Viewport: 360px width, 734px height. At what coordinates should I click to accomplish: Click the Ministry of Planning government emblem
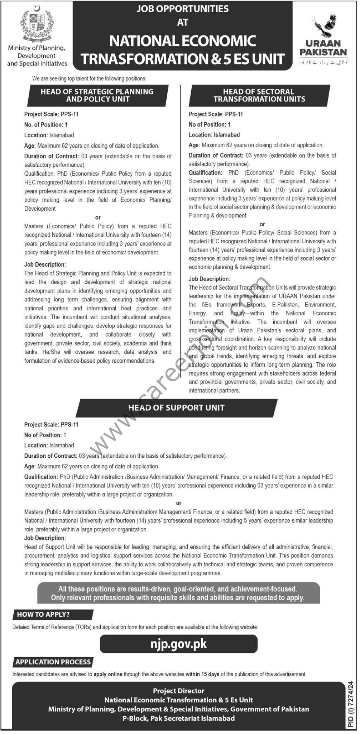click(x=37, y=25)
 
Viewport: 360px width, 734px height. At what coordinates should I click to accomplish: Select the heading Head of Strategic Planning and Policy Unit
click(x=97, y=95)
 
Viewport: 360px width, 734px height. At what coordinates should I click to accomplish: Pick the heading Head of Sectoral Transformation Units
click(x=259, y=95)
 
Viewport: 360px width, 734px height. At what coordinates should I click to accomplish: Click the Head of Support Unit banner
click(x=177, y=407)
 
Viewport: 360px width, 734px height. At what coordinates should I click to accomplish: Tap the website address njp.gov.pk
click(x=179, y=644)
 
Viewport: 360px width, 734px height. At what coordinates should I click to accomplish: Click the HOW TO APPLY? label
click(x=43, y=614)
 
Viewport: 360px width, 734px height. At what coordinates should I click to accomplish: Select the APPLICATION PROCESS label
click(x=53, y=662)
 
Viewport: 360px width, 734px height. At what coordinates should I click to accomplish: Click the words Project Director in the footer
click(x=179, y=691)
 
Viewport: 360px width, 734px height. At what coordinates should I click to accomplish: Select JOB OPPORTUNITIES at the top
click(x=183, y=9)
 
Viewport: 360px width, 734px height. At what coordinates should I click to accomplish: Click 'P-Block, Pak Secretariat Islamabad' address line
click(x=179, y=718)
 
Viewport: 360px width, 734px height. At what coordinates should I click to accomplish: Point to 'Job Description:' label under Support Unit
click(x=45, y=538)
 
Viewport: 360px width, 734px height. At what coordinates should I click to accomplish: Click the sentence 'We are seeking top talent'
click(x=89, y=78)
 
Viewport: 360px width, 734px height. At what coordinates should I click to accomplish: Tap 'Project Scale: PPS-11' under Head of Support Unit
click(x=51, y=424)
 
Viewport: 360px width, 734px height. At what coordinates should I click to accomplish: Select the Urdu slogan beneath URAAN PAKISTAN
click(x=323, y=62)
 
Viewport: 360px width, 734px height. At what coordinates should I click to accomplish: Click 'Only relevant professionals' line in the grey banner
click(x=178, y=597)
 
